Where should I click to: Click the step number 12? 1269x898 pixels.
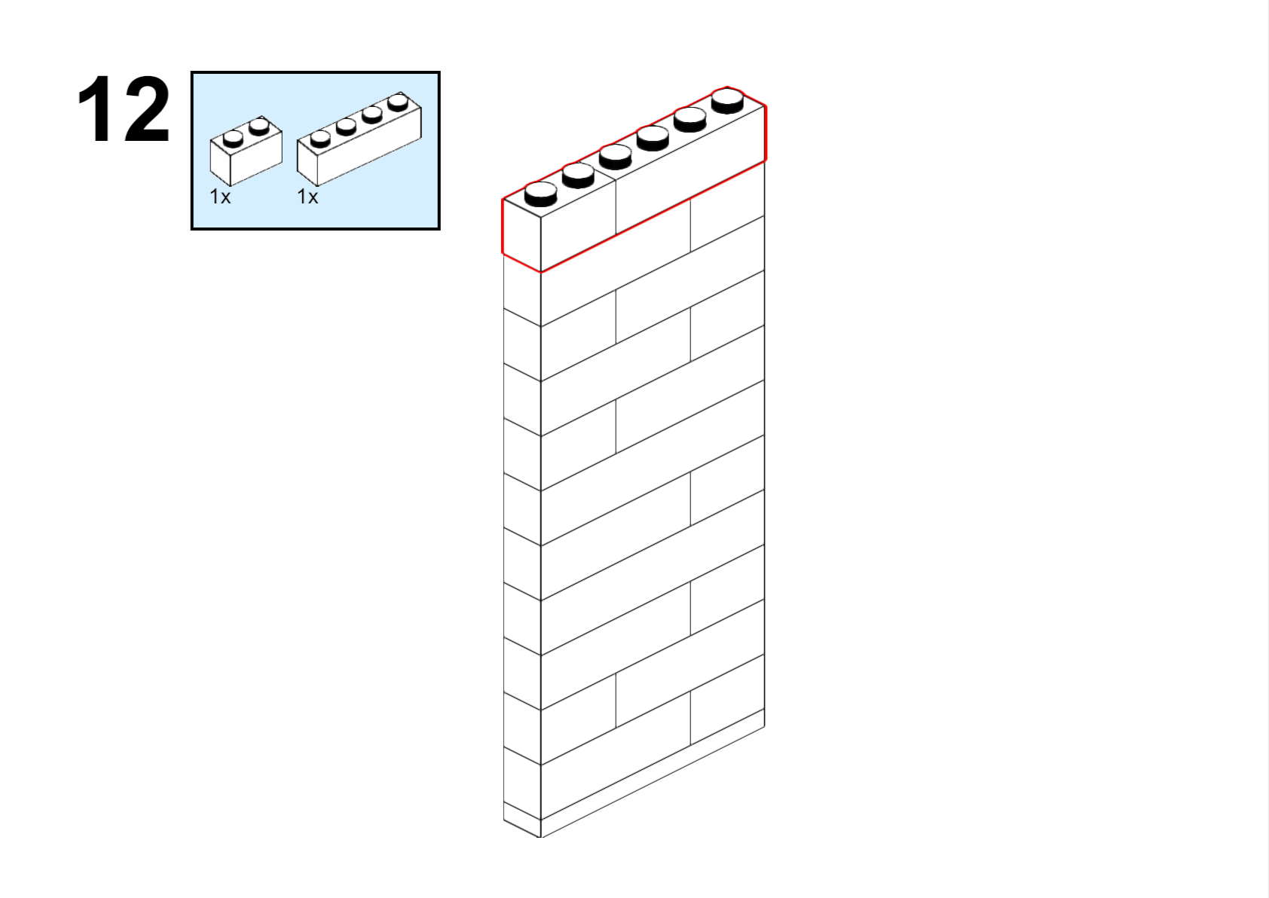(124, 109)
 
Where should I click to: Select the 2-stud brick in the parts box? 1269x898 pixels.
(246, 151)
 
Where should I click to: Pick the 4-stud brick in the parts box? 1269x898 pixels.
(359, 139)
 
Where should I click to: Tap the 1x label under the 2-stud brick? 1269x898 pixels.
(220, 197)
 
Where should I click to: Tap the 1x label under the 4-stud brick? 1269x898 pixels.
(307, 197)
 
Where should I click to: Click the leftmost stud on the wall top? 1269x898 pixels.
(540, 194)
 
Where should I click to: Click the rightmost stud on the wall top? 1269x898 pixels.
(727, 101)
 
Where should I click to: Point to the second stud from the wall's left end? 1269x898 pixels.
(578, 176)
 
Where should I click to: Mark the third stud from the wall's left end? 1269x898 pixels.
(615, 157)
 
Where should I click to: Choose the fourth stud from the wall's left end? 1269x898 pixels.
(653, 138)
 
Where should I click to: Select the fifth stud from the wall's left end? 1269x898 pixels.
(690, 120)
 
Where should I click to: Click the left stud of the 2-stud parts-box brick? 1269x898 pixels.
(233, 139)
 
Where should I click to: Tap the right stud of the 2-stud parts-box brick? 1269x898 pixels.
(259, 127)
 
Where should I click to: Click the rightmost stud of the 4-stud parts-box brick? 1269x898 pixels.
(399, 102)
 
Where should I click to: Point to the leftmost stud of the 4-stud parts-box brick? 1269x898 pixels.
(320, 139)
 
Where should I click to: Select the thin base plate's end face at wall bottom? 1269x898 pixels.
(521, 820)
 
